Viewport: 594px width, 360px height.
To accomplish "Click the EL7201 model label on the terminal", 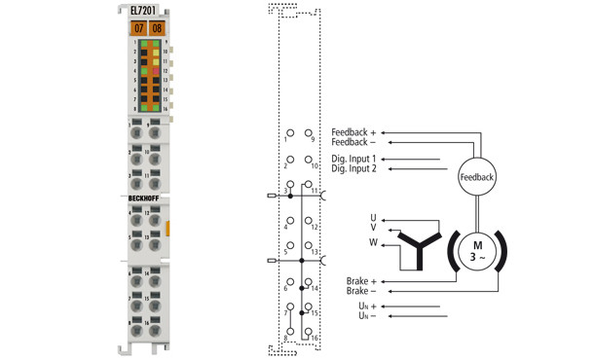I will point(144,11).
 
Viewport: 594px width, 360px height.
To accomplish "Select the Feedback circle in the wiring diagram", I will point(476,177).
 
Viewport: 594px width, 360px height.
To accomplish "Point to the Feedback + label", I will point(357,131).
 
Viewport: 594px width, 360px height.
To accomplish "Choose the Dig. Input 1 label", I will point(353,159).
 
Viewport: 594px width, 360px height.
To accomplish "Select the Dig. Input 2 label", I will point(353,169).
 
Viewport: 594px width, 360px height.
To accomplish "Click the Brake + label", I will point(360,281).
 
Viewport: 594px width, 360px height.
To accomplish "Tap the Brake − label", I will point(360,291).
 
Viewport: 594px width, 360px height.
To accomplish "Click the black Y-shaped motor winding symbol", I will point(420,249).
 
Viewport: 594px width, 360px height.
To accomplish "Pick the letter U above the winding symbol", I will point(372,217).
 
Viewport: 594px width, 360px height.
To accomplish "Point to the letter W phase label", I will point(372,241).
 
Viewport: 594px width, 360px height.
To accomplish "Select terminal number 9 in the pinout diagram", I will point(313,140).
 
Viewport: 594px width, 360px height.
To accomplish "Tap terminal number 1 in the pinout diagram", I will point(286,140).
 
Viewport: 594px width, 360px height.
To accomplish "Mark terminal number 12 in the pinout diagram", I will point(314,226).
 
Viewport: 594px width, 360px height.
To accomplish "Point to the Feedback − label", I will point(357,142).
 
